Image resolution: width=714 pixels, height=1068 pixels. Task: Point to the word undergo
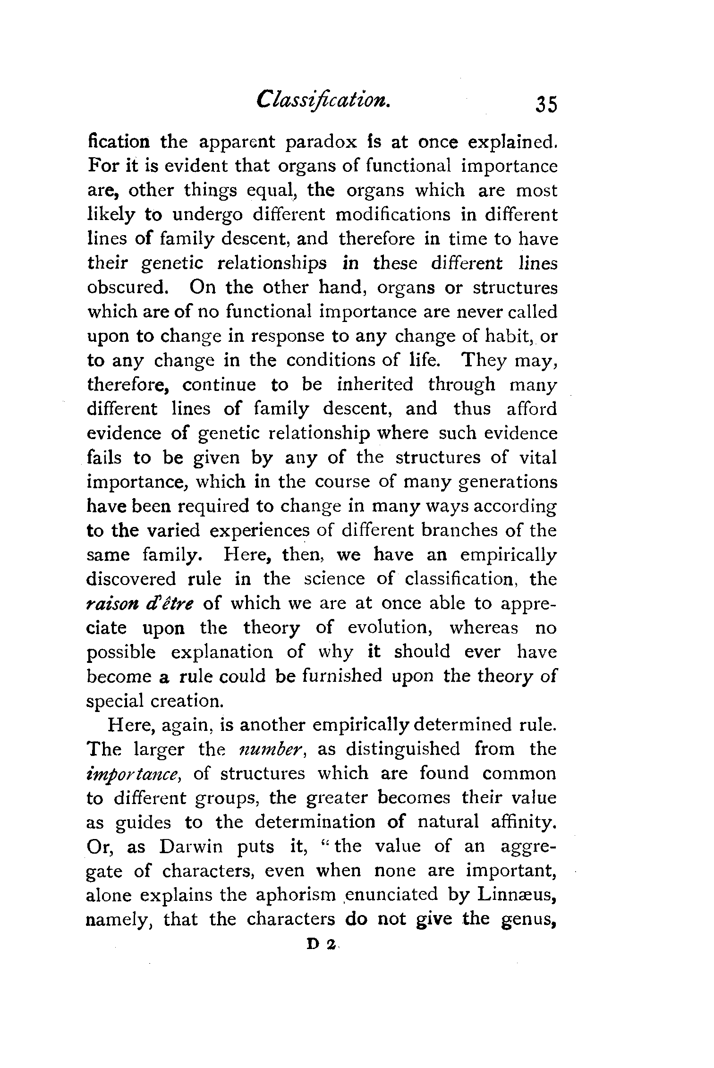point(208,215)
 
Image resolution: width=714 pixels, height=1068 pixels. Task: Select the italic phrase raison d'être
point(144,603)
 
